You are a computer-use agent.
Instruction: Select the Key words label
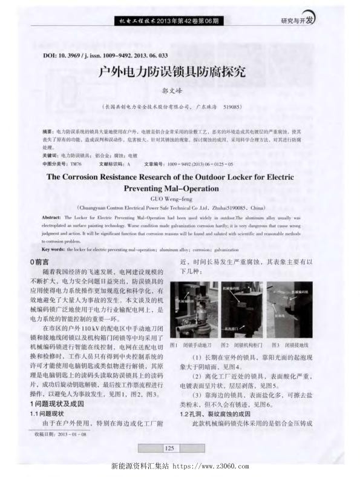click(55, 249)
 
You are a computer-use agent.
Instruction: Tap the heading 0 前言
click(41, 262)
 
